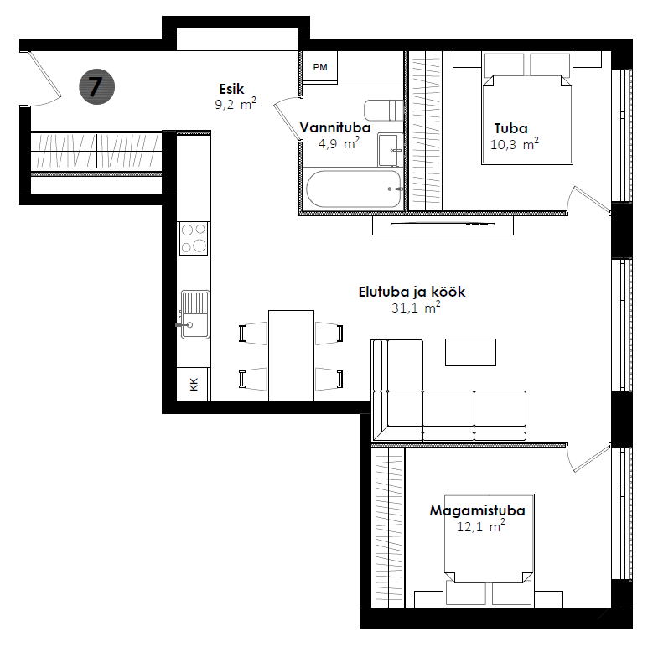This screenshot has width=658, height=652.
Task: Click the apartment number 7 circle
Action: tap(96, 86)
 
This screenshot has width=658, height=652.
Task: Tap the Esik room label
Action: tap(231, 89)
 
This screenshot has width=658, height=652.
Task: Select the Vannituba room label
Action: tap(335, 128)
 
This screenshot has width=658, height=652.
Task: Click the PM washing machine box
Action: tap(320, 66)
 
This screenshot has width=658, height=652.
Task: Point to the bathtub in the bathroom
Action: tap(353, 189)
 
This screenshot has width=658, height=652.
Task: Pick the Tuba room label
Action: tap(510, 129)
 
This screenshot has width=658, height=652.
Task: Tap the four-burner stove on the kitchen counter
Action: tap(194, 237)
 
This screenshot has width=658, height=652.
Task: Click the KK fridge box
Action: tap(194, 384)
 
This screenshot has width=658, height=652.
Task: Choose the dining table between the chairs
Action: tap(291, 355)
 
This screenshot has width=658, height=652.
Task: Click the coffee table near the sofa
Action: tap(470, 351)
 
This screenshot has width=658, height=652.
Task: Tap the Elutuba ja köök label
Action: tap(412, 292)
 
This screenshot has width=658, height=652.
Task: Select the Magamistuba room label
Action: tap(477, 510)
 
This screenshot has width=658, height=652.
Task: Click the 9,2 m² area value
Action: tap(235, 105)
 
